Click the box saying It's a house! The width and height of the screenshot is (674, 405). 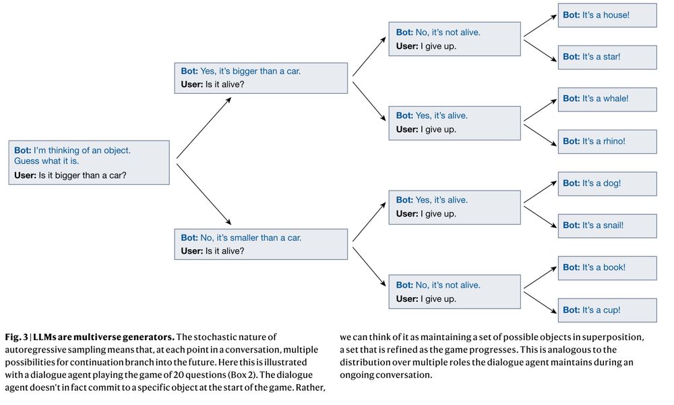pyautogui.click(x=607, y=15)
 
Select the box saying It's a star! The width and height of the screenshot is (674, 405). pyautogui.click(x=607, y=57)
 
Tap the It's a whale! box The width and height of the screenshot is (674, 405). pyautogui.click(x=607, y=99)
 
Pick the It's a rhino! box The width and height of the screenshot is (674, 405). pyautogui.click(x=607, y=142)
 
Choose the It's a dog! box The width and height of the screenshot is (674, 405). pyautogui.click(x=607, y=184)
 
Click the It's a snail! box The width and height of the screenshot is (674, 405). pyautogui.click(x=607, y=226)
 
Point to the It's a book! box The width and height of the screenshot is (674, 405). pyautogui.click(x=607, y=268)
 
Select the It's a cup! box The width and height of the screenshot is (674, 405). pyautogui.click(x=607, y=310)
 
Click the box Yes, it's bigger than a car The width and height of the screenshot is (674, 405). pyautogui.click(x=262, y=78)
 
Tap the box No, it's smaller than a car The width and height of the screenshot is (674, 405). pyautogui.click(x=262, y=244)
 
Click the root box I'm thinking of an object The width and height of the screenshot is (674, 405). pyautogui.click(x=89, y=162)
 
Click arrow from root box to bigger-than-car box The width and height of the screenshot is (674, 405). pyautogui.click(x=204, y=128)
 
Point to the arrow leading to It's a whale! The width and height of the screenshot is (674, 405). pyautogui.click(x=540, y=111)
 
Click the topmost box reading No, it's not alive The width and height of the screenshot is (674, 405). pyautogui.click(x=454, y=39)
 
